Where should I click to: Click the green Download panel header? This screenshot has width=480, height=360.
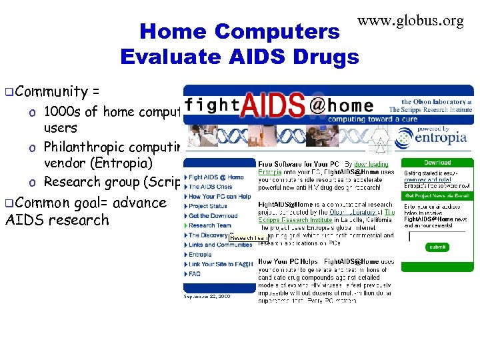click(437, 163)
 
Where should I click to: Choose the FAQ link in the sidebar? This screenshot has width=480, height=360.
click(195, 273)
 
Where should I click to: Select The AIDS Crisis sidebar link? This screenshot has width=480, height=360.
click(210, 187)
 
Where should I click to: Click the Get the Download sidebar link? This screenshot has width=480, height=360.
click(213, 216)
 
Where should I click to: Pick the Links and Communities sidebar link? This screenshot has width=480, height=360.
click(220, 245)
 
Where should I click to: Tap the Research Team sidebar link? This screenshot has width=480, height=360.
click(210, 225)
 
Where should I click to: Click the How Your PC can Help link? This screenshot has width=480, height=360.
click(219, 197)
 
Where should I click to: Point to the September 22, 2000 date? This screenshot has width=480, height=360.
click(207, 297)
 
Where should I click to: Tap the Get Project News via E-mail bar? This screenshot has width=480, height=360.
click(437, 196)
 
